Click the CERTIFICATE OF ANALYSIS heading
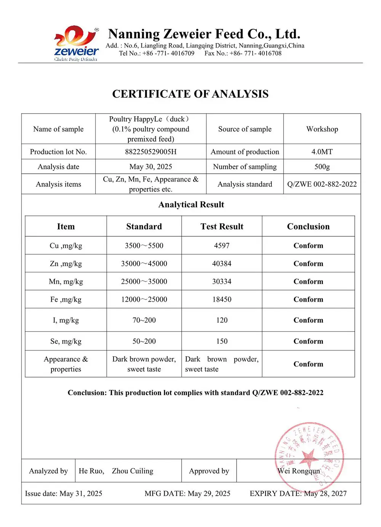(190, 94)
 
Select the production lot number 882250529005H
(150, 152)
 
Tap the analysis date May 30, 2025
(150, 167)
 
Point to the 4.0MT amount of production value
(322, 152)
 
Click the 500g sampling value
(322, 167)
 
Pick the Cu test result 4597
(222, 246)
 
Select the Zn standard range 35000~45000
(144, 264)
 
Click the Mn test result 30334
(222, 282)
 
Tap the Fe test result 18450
(222, 300)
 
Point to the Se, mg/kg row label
(66, 341)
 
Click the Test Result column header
(222, 227)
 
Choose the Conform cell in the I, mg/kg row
(308, 320)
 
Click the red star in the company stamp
(308, 456)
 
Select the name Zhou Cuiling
(132, 471)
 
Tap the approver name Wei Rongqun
(299, 471)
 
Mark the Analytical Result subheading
(191, 205)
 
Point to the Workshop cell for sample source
(322, 129)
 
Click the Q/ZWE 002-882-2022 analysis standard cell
(322, 184)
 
